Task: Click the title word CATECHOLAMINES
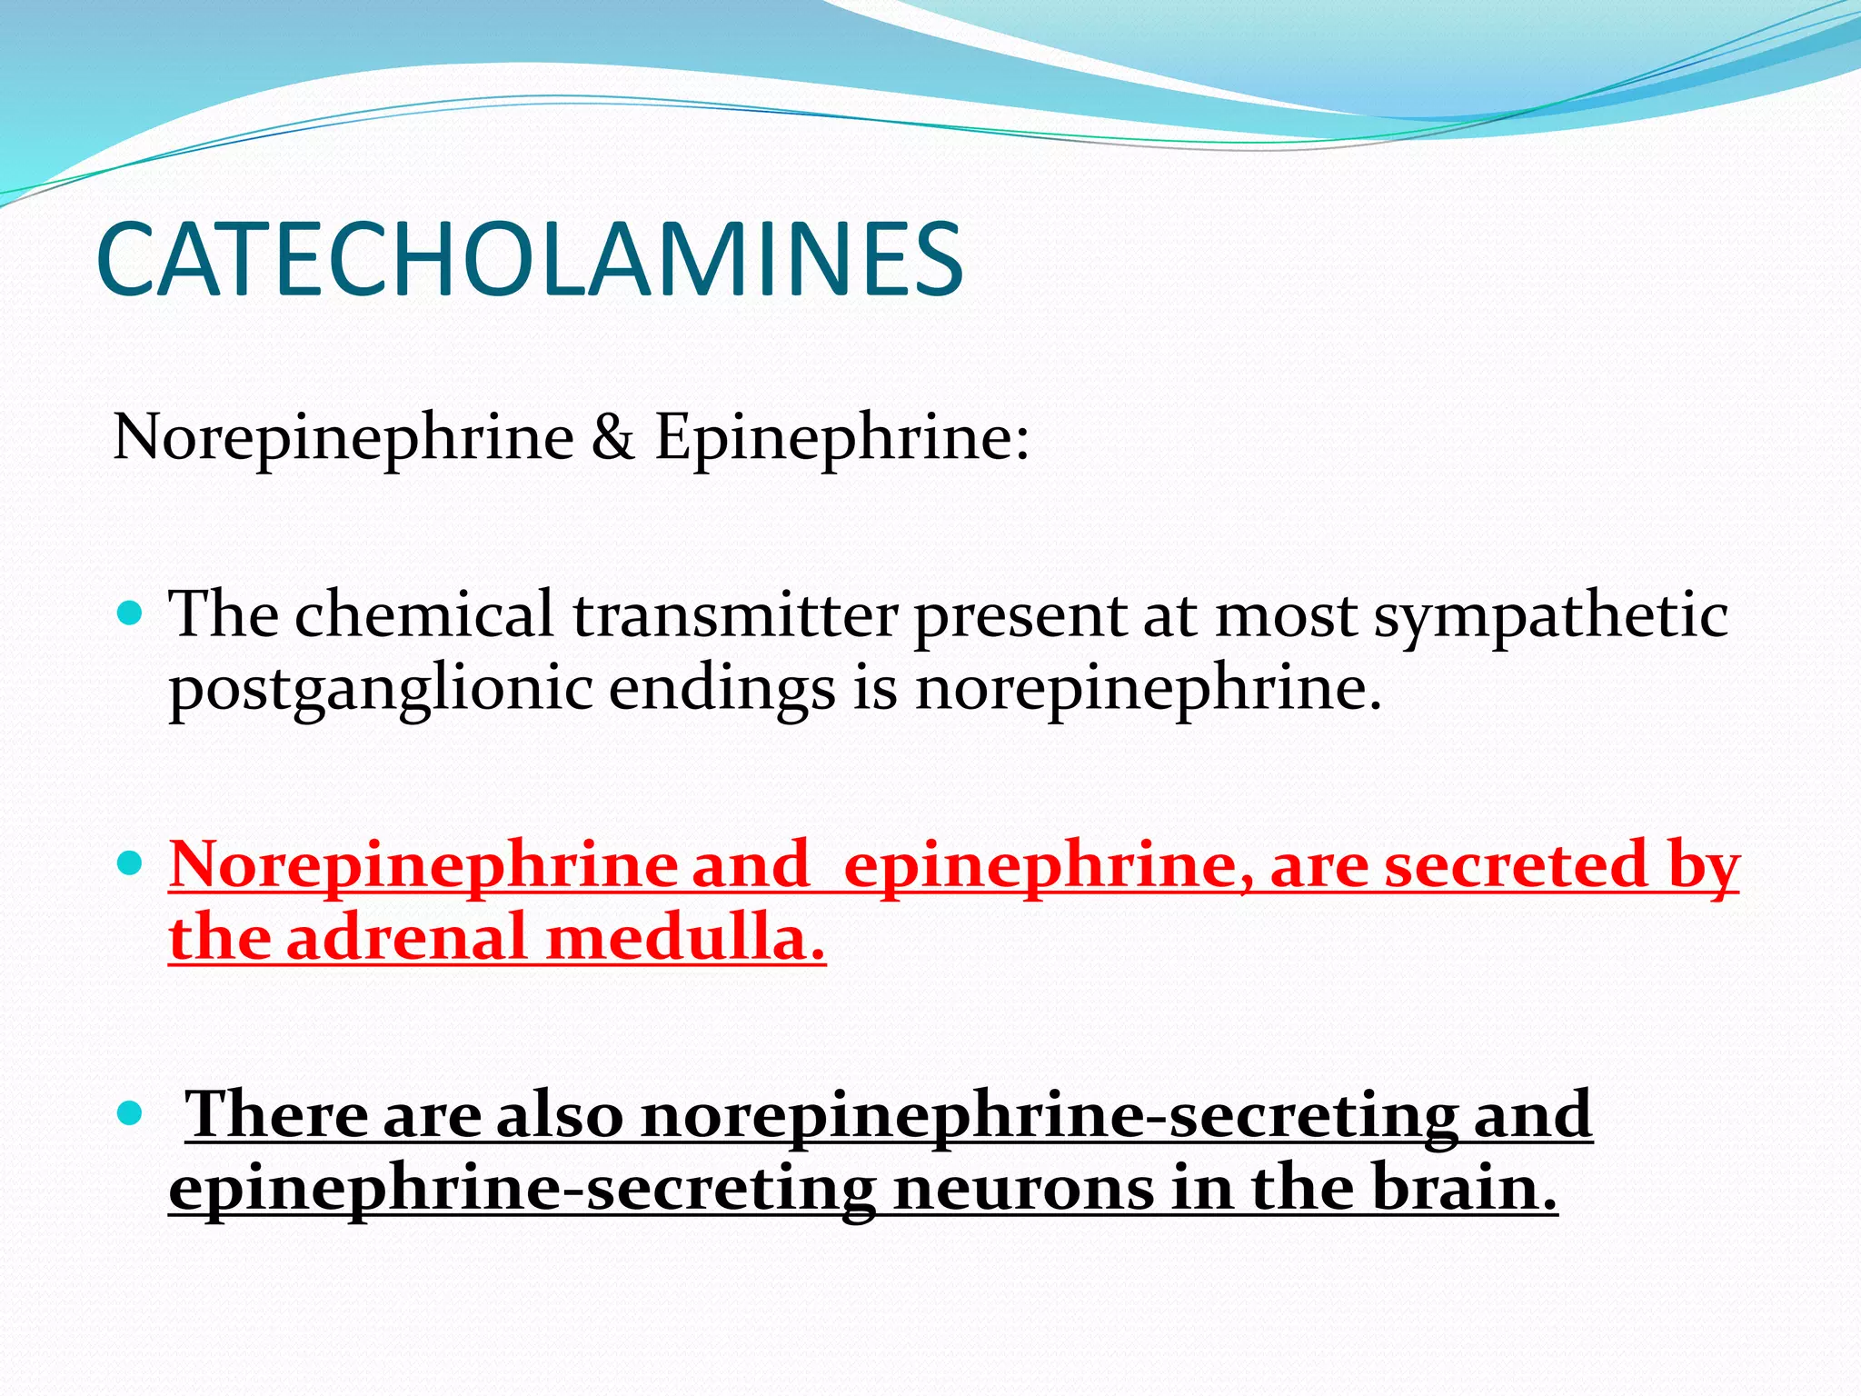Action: coord(529,260)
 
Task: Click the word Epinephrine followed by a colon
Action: coord(841,438)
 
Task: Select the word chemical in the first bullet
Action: coord(423,614)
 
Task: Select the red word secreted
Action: coord(1515,864)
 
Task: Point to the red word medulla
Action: coord(685,937)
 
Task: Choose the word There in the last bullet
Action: coord(275,1114)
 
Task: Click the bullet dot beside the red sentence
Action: coord(131,862)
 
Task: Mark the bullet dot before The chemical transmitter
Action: coord(131,613)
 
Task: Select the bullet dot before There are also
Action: coord(131,1111)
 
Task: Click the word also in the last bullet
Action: coord(559,1114)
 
